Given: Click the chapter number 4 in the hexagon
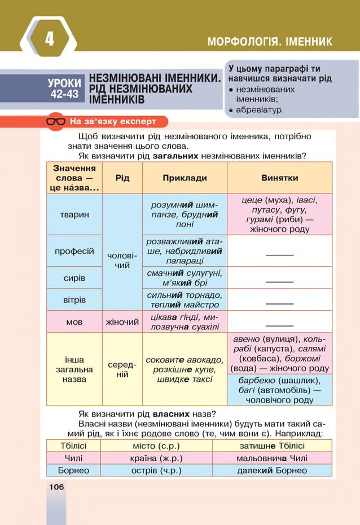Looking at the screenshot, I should point(49,39).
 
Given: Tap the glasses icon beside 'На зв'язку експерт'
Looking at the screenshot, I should point(55,122).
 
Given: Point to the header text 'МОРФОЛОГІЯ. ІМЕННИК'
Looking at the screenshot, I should point(270,42).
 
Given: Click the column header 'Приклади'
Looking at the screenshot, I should point(185,178).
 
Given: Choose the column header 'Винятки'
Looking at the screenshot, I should point(279,178).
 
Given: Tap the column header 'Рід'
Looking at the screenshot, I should point(122,178).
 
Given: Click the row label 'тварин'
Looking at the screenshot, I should point(74,215).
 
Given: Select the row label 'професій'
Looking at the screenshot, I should point(74,251).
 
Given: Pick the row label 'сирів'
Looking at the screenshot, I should point(74,278).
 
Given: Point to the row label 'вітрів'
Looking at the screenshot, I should point(74,299).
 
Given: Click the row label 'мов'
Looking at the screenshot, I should point(74,322).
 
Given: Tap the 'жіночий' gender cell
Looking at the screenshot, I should point(122,322).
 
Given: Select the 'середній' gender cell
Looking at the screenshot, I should point(122,369).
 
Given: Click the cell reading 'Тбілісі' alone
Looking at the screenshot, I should point(73,445).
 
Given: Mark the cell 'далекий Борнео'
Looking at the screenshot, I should point(272,470).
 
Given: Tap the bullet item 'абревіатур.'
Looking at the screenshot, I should point(260,110).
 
